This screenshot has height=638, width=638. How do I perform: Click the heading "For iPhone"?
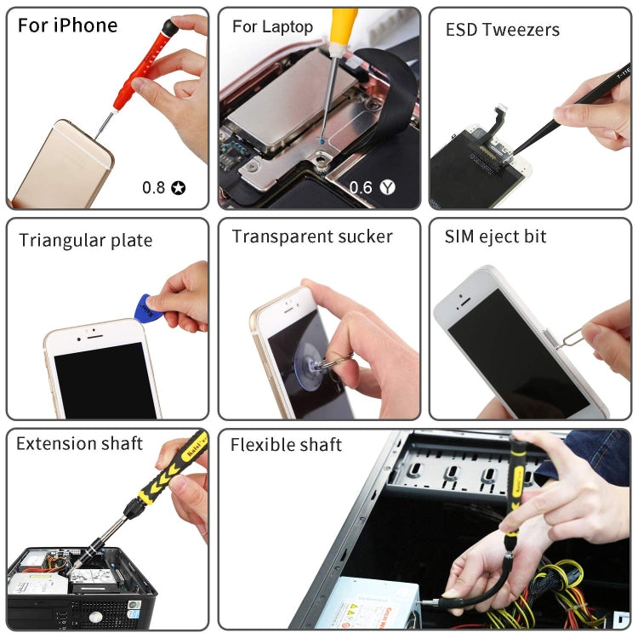coord(67,26)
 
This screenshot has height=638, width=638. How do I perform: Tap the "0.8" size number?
coord(154,187)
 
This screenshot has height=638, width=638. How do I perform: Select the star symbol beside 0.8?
coord(178,187)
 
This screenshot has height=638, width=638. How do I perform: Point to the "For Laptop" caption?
coord(272,26)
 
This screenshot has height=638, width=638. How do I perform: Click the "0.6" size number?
coord(362,187)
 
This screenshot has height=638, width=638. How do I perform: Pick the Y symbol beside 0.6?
coord(388,187)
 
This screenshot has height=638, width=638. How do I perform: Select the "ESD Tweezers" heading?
coord(503,30)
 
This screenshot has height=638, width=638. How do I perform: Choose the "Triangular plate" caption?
coord(86,241)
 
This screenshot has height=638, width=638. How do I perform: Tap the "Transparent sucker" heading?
coord(312,236)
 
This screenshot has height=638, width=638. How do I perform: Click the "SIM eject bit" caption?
coord(495,236)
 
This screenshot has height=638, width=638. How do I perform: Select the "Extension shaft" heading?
coord(79,443)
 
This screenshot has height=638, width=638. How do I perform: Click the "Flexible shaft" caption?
coord(286,444)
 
